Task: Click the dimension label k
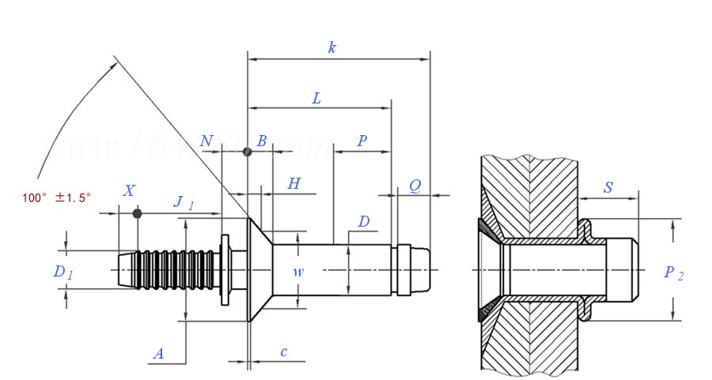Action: coord(332,47)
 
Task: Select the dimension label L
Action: coord(316,99)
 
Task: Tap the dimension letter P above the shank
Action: coord(362,141)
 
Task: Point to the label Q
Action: coord(415,186)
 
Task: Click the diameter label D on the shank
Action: coord(363,222)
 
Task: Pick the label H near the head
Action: coord(294,184)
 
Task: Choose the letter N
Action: coord(206,141)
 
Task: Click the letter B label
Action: coord(261,141)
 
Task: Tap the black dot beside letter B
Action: coord(248,152)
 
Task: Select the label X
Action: coord(129,190)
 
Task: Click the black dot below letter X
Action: coord(137,213)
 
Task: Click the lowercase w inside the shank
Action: coord(298,272)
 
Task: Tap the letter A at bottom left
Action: coord(158,354)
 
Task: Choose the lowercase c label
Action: coord(284,352)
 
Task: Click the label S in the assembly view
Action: coord(608,187)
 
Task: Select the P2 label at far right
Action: coord(673,273)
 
